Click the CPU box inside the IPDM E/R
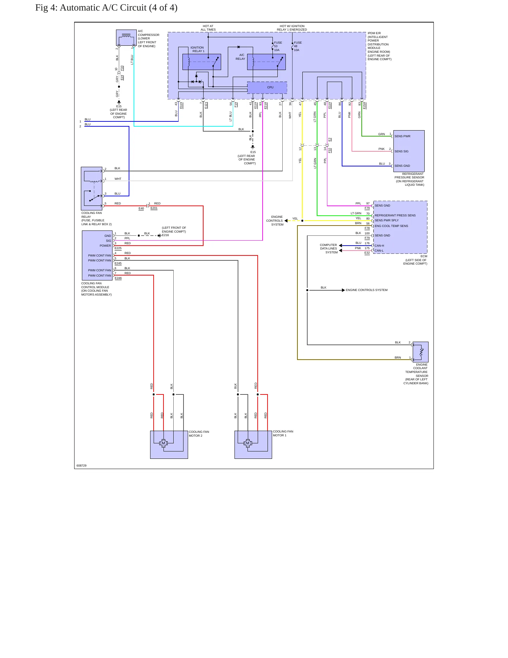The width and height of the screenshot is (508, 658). coord(267,88)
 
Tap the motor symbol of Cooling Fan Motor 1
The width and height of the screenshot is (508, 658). coord(247,443)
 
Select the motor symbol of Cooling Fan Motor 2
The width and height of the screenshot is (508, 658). coord(163,443)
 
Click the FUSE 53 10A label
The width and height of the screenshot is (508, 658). coord(278,46)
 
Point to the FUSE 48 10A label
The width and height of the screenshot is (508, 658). coord(297,46)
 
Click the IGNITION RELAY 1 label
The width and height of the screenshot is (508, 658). coord(198,49)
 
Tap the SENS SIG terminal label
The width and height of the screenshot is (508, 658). coord(401,151)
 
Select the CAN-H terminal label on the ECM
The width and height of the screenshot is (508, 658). coord(379,246)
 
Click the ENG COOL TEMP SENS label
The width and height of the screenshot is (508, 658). coord(391,226)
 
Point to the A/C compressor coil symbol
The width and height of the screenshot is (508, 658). coord(126,36)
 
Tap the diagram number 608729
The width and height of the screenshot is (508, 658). coord(82,466)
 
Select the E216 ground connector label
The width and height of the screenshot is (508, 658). coord(165,235)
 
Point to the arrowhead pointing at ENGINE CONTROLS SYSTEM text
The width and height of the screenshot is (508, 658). coord(343,290)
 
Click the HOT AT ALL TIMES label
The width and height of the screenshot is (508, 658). coord(208,28)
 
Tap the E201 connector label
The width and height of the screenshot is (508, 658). coord(154,208)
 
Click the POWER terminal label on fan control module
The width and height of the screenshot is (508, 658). coord(105,246)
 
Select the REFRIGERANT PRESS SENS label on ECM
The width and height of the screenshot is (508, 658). coord(395,215)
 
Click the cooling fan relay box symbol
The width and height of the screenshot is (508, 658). coord(91,188)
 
